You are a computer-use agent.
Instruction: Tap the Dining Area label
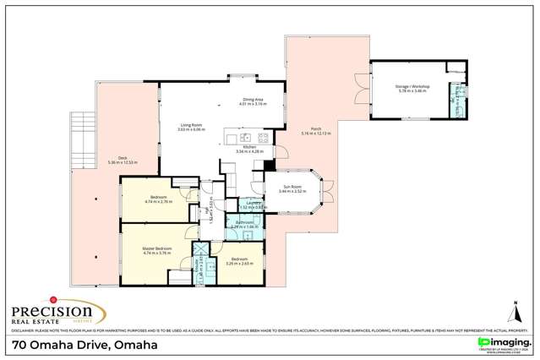click(x=254, y=102)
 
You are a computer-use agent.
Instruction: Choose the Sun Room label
click(x=292, y=189)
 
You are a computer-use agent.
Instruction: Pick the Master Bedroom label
click(x=157, y=250)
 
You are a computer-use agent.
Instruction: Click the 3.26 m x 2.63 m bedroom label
click(x=240, y=261)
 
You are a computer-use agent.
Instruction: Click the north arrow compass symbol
click(x=513, y=310)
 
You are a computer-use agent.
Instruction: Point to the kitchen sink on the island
click(x=244, y=137)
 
